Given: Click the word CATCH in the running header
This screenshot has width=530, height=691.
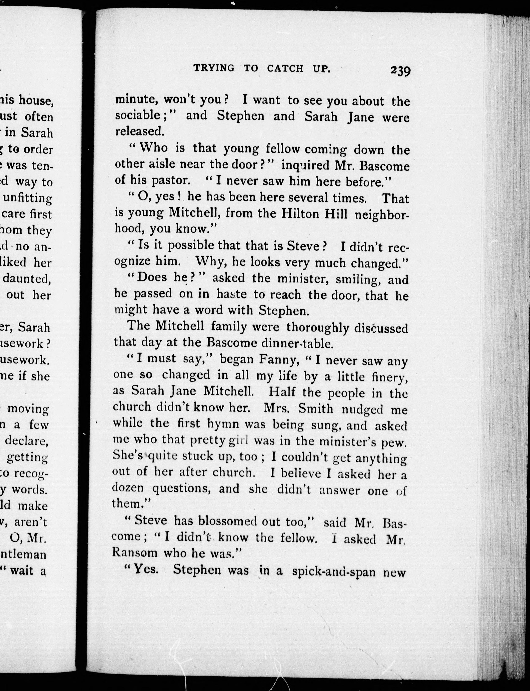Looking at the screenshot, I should (x=285, y=68).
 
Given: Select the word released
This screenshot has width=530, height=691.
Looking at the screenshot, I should (x=139, y=131).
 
